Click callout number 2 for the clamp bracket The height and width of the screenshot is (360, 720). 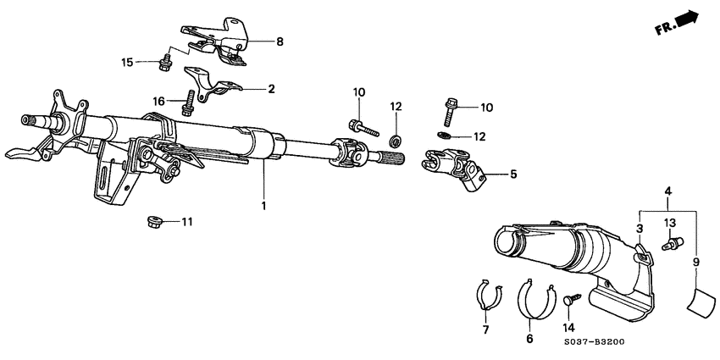coord(271,88)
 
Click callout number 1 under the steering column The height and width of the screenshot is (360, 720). coord(263,206)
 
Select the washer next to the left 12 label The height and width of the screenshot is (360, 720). coord(396,139)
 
